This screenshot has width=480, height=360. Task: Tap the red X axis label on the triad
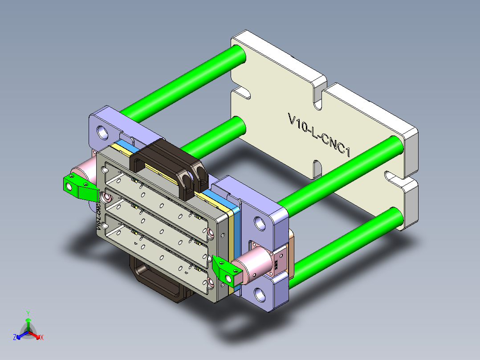tap(42, 338)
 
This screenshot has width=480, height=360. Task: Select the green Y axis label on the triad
tap(28, 313)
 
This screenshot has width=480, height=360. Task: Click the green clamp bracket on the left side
tap(79, 187)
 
